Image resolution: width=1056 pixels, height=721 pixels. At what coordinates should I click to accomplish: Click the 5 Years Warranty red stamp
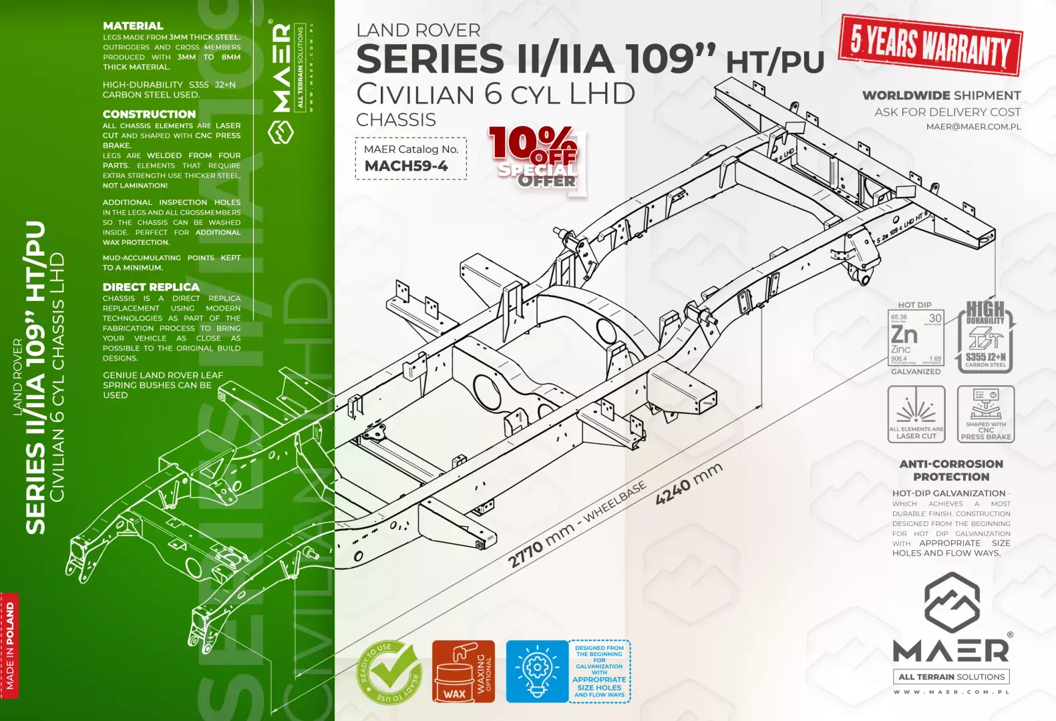(x=930, y=45)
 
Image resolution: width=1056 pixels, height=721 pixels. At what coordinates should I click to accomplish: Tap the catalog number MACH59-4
(x=406, y=166)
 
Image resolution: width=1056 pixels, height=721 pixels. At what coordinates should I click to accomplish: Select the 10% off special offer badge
(x=536, y=160)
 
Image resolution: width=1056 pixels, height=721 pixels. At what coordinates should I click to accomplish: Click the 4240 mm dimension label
(x=689, y=483)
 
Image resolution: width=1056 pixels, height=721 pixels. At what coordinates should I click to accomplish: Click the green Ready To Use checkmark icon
(x=389, y=672)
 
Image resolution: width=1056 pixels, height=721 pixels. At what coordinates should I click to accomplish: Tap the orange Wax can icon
(x=463, y=672)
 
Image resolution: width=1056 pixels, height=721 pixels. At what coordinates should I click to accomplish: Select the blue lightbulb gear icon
(x=536, y=671)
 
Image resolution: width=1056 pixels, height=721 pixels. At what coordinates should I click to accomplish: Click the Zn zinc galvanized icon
(x=916, y=338)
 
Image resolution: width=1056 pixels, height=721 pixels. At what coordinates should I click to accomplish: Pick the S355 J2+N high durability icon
(x=986, y=337)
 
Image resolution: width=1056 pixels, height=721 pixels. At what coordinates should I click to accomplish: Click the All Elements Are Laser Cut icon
(x=916, y=414)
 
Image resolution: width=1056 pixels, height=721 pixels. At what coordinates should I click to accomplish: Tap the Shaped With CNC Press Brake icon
(x=986, y=414)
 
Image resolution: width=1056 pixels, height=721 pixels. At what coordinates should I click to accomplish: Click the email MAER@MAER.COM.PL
(x=973, y=127)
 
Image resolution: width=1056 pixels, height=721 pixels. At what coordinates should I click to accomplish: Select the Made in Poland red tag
(x=10, y=645)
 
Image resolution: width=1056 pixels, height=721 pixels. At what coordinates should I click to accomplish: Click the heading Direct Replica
(x=151, y=287)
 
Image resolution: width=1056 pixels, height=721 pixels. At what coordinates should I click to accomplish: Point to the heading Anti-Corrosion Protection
(x=951, y=470)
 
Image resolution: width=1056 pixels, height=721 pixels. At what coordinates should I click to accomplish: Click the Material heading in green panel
(x=133, y=26)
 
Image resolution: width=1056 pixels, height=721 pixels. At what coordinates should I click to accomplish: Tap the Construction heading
(x=149, y=114)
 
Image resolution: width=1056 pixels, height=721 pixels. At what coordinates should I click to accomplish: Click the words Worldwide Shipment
(x=941, y=95)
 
